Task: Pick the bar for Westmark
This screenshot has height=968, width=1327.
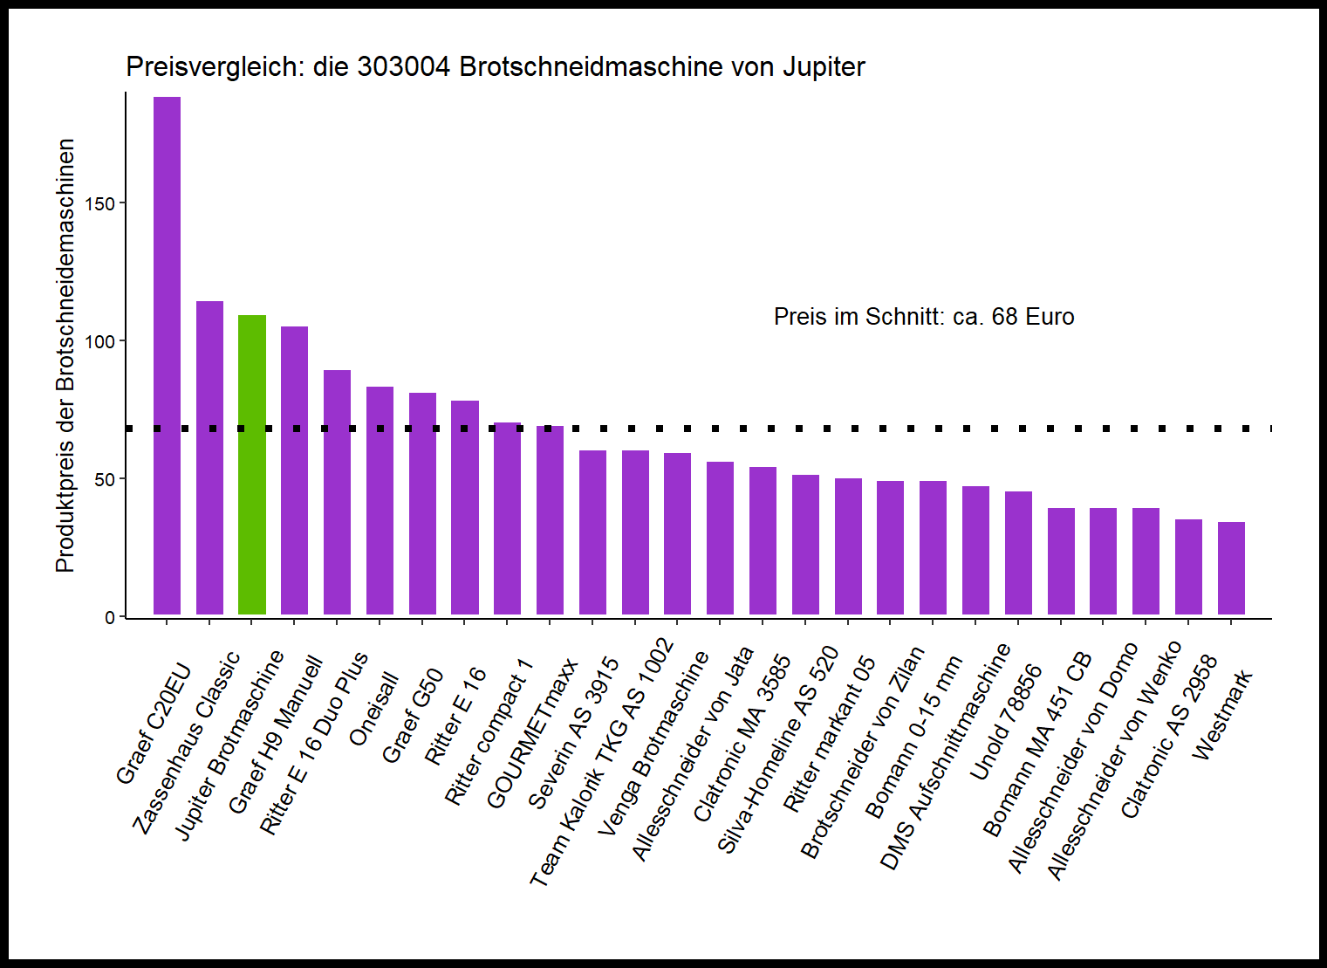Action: pyautogui.click(x=1231, y=568)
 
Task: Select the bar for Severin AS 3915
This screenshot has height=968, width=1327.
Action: pyautogui.click(x=592, y=532)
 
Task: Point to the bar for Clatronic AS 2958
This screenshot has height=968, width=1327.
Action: pyautogui.click(x=1188, y=567)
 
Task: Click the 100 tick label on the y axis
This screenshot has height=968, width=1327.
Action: pyautogui.click(x=100, y=341)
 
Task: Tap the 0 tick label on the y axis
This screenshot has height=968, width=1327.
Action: pyautogui.click(x=110, y=618)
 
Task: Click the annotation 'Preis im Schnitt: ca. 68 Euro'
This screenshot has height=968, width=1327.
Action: pyautogui.click(x=923, y=317)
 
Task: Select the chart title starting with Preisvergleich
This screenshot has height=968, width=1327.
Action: pyautogui.click(x=495, y=67)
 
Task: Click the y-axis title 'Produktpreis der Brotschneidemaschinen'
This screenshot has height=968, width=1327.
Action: pyautogui.click(x=65, y=355)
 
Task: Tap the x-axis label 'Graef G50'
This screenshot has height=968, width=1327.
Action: pyautogui.click(x=413, y=716)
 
